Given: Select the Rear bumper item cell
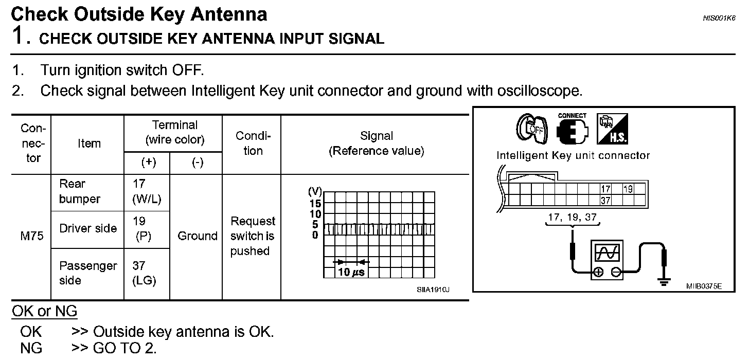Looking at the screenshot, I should (x=80, y=191).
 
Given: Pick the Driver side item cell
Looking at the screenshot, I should (x=88, y=228).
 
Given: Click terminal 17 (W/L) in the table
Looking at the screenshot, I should (x=143, y=191).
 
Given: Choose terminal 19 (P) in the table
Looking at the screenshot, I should (x=142, y=229).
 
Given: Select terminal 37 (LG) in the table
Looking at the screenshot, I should (x=144, y=273).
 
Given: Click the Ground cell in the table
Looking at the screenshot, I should (x=197, y=236).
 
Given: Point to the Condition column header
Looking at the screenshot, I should (x=253, y=143).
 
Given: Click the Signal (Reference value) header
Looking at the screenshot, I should (x=377, y=143).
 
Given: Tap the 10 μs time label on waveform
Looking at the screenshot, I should (x=351, y=272).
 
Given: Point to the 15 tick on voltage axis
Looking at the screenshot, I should (x=314, y=204).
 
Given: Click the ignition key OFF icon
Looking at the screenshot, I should (x=531, y=129).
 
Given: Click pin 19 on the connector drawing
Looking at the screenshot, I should (x=628, y=189).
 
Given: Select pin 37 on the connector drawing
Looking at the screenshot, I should (x=605, y=201).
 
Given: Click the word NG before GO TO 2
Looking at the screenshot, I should (x=31, y=348).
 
